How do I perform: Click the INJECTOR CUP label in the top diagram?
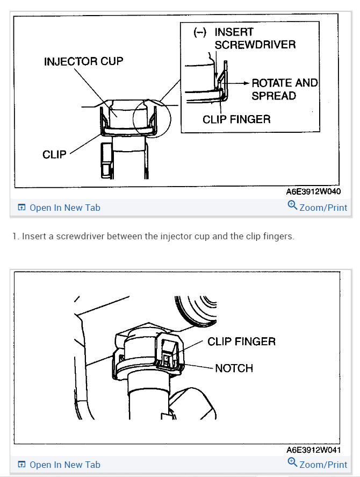(83, 61)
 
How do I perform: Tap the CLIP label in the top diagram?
(54, 154)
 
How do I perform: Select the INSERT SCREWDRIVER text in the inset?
(255, 38)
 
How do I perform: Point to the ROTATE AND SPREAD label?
(284, 89)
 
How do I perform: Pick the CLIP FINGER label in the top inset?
(236, 119)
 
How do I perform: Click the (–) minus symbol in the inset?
(200, 32)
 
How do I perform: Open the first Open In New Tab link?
(64, 208)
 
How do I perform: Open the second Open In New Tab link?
(64, 465)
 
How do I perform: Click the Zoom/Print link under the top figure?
(323, 208)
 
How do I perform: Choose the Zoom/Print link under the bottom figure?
(323, 465)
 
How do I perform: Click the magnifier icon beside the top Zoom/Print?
(292, 205)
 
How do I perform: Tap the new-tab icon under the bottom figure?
(22, 465)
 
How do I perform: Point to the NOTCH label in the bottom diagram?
(234, 368)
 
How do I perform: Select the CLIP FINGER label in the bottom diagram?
(241, 341)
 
